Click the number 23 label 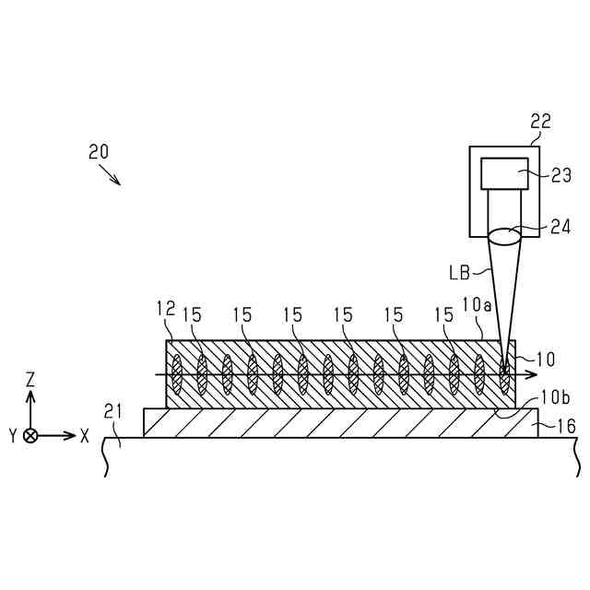point(560,174)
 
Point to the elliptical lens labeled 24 point(504,237)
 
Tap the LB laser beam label point(460,272)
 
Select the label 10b point(554,398)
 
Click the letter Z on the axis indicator point(30,379)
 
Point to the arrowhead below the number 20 point(117,181)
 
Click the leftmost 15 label point(192,314)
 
